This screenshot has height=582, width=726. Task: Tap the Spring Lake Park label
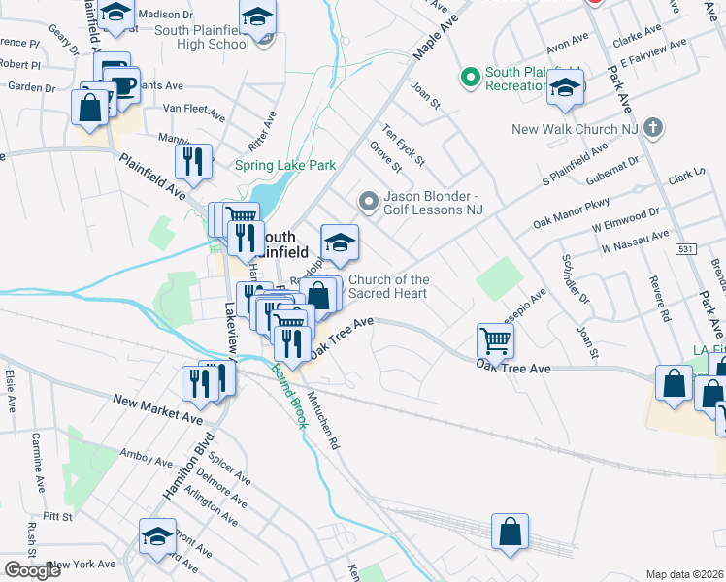point(285,165)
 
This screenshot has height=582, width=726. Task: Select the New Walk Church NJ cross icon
point(653,127)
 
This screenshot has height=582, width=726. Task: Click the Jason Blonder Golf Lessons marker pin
point(368,202)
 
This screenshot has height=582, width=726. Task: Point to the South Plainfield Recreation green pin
point(471,75)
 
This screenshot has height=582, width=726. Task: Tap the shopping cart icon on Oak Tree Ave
point(495,341)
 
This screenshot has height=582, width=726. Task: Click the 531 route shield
point(686,249)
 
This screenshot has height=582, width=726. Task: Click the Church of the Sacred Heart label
point(388,287)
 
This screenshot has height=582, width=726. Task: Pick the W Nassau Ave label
point(635,242)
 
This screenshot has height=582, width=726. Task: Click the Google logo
point(32,570)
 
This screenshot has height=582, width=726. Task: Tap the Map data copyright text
point(685,574)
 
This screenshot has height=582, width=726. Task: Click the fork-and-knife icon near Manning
point(193,162)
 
